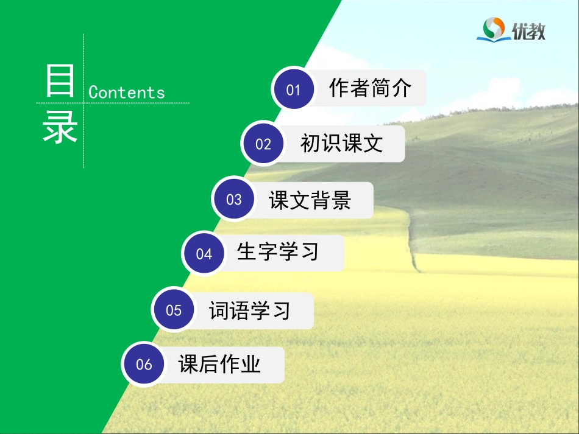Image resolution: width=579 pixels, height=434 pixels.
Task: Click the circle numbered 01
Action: (294, 89)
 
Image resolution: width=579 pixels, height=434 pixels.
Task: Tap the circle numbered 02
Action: (263, 144)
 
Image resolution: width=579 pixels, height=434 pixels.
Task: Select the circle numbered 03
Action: (234, 200)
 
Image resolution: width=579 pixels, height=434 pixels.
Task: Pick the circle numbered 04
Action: (204, 253)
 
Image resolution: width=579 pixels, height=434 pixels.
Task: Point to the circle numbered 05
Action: (174, 310)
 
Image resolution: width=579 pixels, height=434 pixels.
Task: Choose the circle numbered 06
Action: (144, 365)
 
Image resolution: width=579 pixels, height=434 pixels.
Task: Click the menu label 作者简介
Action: (370, 88)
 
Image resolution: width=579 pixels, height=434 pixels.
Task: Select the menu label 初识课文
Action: (341, 143)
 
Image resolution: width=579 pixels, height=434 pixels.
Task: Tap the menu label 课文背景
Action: (310, 200)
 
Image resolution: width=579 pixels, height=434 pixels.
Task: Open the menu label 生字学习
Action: (278, 251)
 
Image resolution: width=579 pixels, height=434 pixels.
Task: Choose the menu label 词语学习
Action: (250, 310)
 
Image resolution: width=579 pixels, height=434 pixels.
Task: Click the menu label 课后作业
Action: (219, 364)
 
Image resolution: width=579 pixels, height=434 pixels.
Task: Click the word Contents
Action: (127, 93)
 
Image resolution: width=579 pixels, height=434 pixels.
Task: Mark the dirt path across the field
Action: (413, 243)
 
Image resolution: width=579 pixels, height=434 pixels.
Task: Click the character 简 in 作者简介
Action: (380, 88)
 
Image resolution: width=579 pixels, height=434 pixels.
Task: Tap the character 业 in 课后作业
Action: (250, 364)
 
